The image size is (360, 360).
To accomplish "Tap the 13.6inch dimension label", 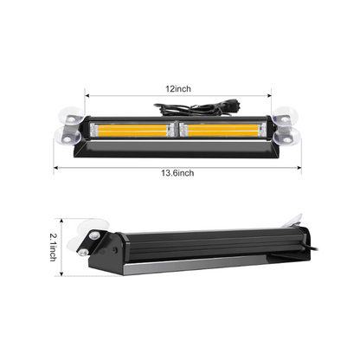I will pyautogui.click(x=180, y=172).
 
